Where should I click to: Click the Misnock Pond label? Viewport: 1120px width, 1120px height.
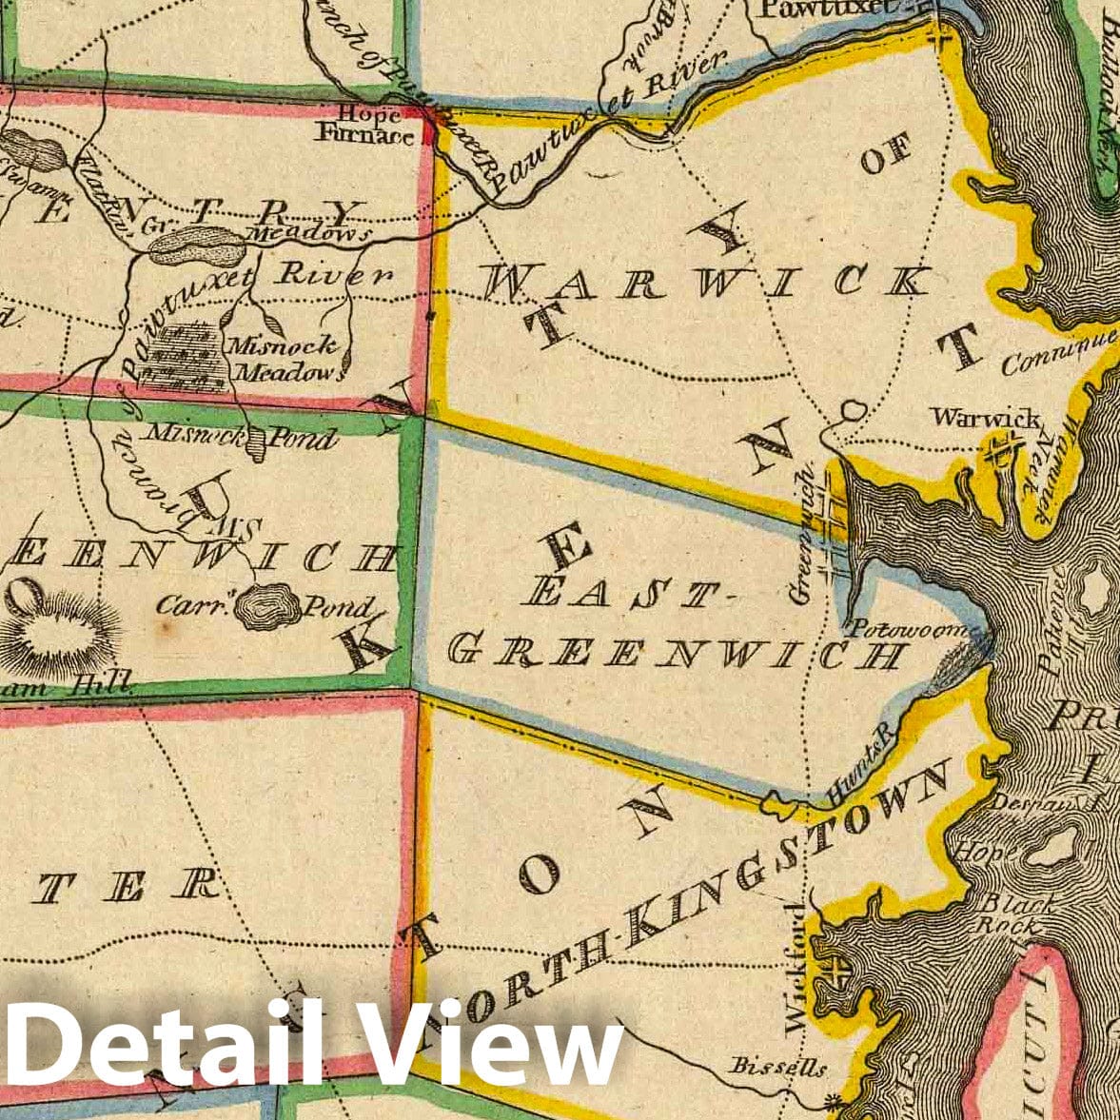point(239,438)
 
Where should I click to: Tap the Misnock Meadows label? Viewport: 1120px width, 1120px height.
point(286,360)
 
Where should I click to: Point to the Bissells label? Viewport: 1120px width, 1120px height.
point(777,1067)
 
